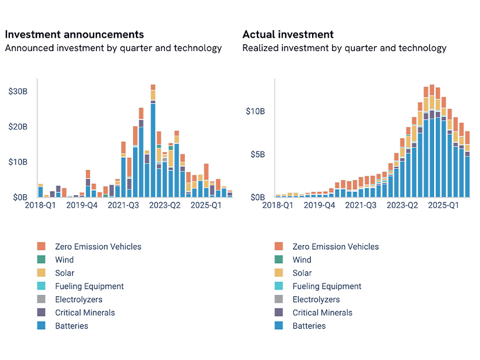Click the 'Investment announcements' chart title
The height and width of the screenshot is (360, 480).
click(74, 35)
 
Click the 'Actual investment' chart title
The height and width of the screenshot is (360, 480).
click(288, 35)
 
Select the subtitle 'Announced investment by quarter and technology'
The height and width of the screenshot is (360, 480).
click(113, 48)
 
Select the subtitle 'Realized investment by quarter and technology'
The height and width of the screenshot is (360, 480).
click(344, 48)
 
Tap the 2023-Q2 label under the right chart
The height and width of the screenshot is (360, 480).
click(403, 206)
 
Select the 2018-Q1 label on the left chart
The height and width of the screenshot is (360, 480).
click(39, 206)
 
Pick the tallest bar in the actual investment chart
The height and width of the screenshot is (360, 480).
click(432, 145)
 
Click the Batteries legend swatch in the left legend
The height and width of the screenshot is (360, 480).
click(41, 326)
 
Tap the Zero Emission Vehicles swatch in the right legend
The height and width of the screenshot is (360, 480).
click(279, 247)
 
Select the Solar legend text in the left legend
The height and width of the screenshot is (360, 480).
click(65, 273)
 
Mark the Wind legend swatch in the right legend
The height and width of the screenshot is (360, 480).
click(279, 260)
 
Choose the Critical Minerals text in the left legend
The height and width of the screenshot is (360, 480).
click(85, 313)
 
